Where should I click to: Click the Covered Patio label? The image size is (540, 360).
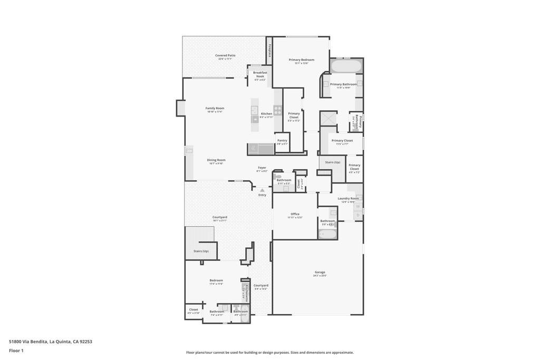(x=225, y=55)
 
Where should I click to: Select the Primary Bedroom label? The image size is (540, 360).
(x=301, y=60)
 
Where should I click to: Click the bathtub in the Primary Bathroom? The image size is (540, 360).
(x=346, y=66)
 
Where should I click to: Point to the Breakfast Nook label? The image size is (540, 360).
(x=260, y=74)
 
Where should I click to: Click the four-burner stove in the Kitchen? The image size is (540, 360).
(x=277, y=111)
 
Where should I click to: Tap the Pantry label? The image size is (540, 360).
(x=282, y=140)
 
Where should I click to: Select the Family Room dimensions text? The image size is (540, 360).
(x=215, y=112)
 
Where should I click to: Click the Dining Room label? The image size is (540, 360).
(x=216, y=160)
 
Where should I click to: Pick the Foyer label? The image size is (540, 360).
(x=262, y=168)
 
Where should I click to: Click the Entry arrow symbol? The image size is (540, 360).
(x=262, y=190)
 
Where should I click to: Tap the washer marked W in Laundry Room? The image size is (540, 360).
(x=358, y=207)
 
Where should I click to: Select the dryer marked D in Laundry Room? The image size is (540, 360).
(x=358, y=215)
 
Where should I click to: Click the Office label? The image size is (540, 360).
(x=295, y=214)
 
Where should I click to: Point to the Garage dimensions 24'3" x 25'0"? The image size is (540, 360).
(x=320, y=276)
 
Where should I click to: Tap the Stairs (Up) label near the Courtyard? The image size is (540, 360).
(x=201, y=251)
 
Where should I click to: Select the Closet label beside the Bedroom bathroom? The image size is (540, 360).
(x=194, y=309)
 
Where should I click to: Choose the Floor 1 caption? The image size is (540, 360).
(x=16, y=351)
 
